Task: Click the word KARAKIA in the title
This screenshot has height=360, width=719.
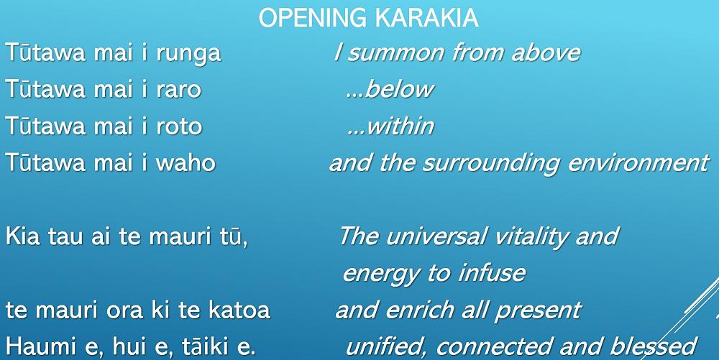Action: pos(426,18)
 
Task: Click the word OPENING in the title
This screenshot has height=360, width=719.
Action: pos(313,18)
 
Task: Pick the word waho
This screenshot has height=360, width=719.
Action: pos(186,162)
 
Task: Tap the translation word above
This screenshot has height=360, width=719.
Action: pos(546,52)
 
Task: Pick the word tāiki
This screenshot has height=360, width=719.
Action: pos(208,346)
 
